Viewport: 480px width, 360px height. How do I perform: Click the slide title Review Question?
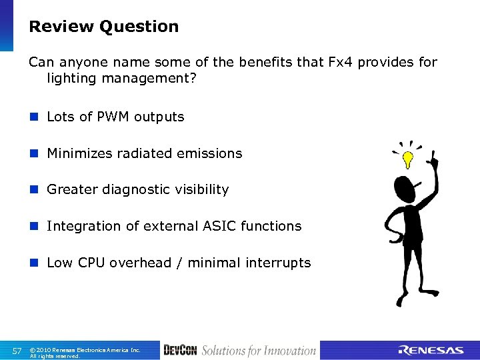point(103,27)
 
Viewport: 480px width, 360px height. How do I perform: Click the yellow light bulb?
point(407,158)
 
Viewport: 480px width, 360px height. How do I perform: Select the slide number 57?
point(18,351)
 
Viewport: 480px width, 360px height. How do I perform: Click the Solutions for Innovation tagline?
point(259,351)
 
